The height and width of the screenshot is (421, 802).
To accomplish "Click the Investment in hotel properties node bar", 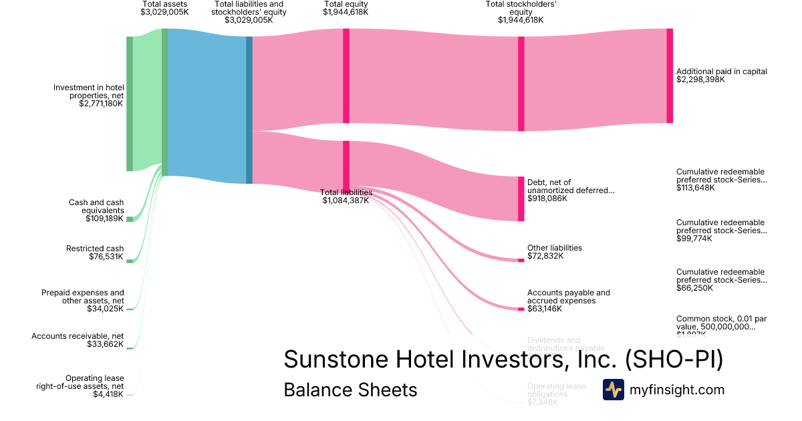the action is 130,104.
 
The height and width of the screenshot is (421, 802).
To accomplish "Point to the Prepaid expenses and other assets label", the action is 82,297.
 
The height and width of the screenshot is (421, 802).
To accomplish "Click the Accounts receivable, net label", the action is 78,336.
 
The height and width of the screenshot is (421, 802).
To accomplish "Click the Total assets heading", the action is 164,4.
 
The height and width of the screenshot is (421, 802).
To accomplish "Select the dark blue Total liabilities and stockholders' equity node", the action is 249,110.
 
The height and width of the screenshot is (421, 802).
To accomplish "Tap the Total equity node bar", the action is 346,76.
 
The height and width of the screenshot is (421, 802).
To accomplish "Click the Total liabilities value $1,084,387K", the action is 346,200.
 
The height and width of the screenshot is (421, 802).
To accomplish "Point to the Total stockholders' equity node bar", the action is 521,84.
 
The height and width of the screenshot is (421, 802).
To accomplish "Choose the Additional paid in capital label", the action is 721,72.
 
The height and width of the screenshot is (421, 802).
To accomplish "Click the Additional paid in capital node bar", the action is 670,76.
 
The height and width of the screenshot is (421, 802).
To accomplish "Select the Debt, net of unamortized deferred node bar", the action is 521,198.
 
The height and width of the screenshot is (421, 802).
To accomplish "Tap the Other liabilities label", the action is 554,248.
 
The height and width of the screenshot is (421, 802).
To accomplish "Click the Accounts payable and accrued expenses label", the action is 568,297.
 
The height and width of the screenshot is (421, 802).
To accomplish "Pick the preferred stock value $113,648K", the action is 695,188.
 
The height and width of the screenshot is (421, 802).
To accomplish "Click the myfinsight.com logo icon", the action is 614,390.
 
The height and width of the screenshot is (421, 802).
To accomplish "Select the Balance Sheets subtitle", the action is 350,390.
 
